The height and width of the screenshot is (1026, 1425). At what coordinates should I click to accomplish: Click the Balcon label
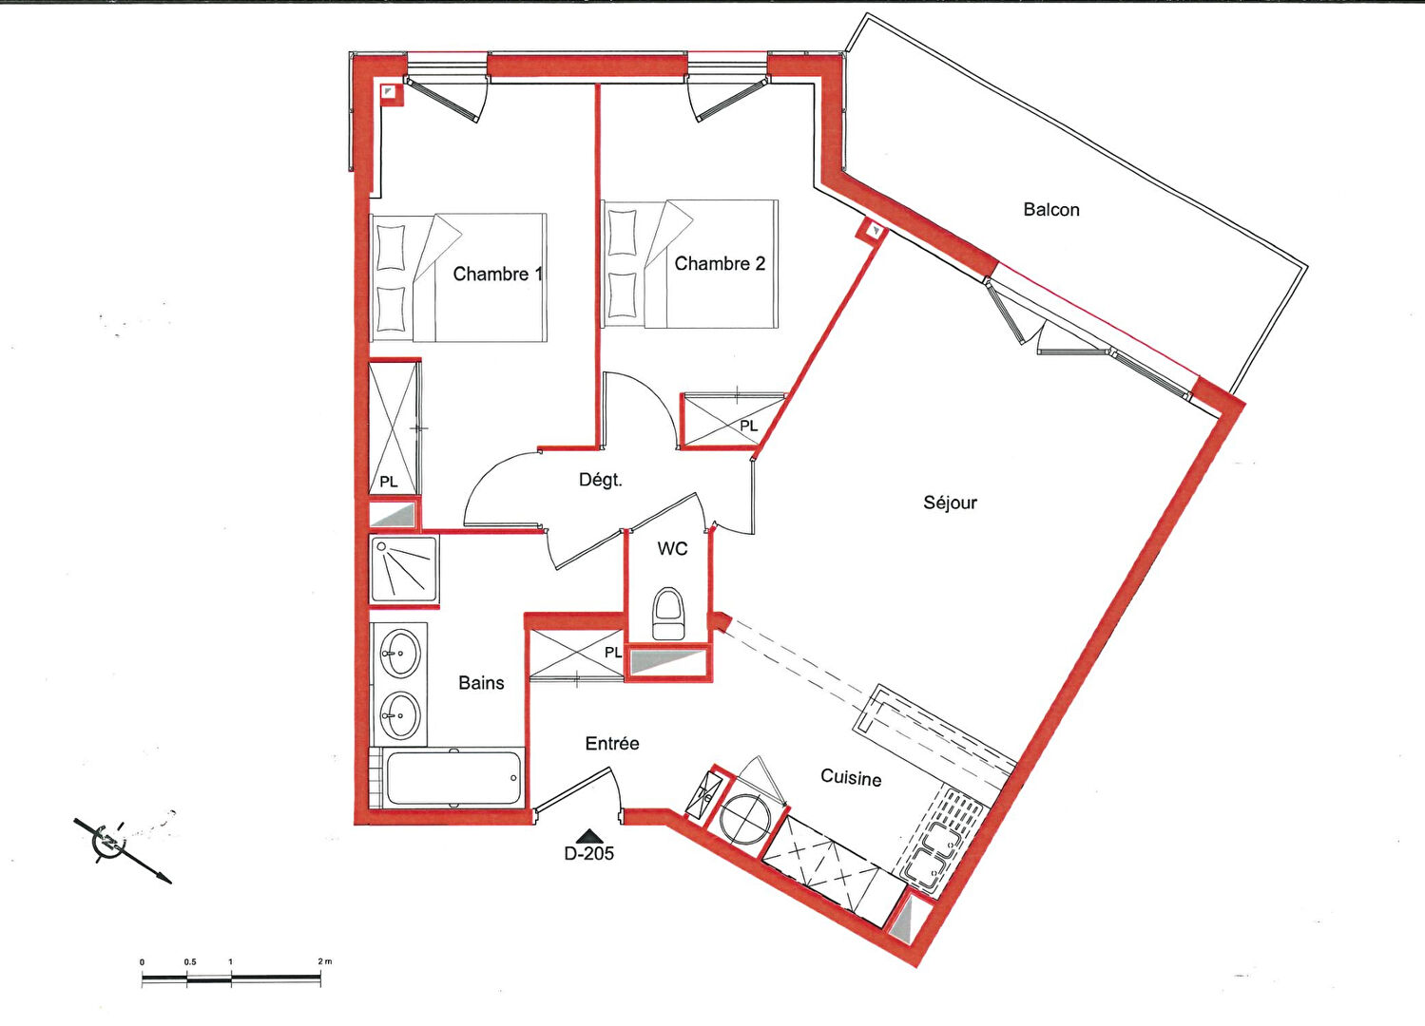pyautogui.click(x=1051, y=210)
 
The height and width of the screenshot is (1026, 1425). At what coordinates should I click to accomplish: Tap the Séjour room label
pyautogui.click(x=950, y=503)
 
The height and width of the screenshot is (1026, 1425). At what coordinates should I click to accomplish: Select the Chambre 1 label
pyautogui.click(x=497, y=274)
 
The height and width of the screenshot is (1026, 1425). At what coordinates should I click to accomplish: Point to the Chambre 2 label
pyautogui.click(x=720, y=264)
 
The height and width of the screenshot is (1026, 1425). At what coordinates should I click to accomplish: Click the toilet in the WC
pyautogui.click(x=668, y=614)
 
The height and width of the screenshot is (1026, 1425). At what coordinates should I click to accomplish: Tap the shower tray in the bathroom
pyautogui.click(x=404, y=570)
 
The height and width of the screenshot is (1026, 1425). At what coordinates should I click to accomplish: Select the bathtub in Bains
pyautogui.click(x=454, y=778)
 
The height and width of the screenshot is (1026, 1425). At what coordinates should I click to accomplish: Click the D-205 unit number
pyautogui.click(x=589, y=853)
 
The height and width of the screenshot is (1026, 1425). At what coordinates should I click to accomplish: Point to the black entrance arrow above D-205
pyautogui.click(x=589, y=835)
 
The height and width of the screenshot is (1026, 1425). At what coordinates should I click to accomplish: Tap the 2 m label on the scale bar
pyautogui.click(x=324, y=961)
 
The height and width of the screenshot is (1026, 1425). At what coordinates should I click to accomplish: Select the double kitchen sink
pyautogui.click(x=931, y=854)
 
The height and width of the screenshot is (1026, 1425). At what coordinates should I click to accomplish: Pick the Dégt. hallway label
pyautogui.click(x=600, y=481)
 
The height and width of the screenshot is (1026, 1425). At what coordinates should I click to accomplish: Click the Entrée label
pyautogui.click(x=612, y=743)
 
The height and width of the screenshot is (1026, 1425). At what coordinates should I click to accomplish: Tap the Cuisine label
pyautogui.click(x=851, y=777)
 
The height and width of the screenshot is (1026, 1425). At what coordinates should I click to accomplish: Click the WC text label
pyautogui.click(x=672, y=548)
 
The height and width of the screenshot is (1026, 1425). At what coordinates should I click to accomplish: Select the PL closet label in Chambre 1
pyautogui.click(x=389, y=483)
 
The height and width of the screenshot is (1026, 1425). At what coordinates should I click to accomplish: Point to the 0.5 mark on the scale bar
pyautogui.click(x=190, y=961)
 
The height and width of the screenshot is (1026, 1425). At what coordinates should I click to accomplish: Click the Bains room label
pyautogui.click(x=481, y=683)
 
